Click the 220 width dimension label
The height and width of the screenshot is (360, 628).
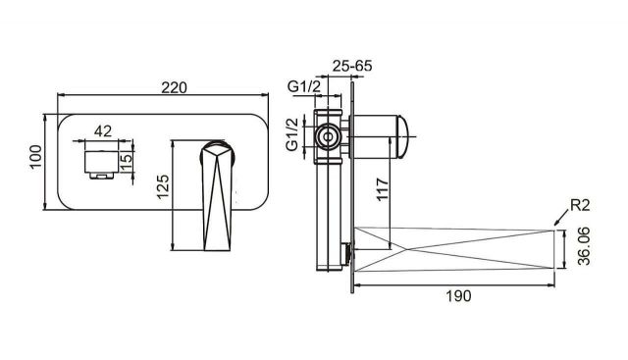(x=174, y=87)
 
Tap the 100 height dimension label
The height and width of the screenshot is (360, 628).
(x=36, y=157)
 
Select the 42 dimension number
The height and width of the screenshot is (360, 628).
(x=103, y=130)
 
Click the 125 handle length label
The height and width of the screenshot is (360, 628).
(x=163, y=186)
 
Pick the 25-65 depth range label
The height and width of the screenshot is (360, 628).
(x=352, y=66)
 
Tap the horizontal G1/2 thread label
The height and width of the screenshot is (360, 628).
(x=304, y=86)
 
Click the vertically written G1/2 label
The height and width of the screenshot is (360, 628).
(x=292, y=134)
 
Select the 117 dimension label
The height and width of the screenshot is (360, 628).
(x=383, y=189)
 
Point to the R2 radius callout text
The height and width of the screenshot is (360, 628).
(x=580, y=205)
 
